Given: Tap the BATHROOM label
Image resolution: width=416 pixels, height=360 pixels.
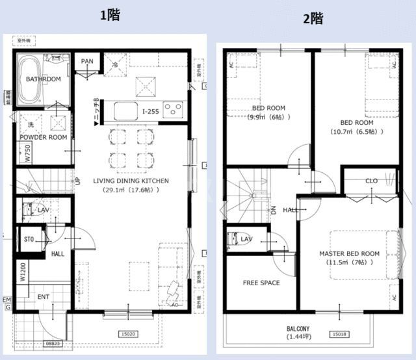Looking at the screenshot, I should click(x=44, y=79).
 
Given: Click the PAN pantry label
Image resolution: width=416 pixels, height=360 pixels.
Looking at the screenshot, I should click(x=87, y=62).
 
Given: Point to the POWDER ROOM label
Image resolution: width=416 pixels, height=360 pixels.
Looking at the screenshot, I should click(x=43, y=138).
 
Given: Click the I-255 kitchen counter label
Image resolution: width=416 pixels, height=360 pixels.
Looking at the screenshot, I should click(x=151, y=111).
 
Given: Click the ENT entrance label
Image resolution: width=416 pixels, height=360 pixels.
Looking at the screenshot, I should click(x=43, y=297).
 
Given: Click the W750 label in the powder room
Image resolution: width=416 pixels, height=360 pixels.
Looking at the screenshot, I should click(x=28, y=153).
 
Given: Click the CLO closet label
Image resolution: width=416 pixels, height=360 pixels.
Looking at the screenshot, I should click(x=371, y=181).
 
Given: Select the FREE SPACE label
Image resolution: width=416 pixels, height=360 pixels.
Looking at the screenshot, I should click(x=261, y=283).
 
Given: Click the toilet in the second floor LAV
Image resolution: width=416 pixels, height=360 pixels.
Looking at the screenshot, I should click(x=233, y=238).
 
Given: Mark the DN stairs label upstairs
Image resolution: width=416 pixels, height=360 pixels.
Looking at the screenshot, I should click(x=274, y=210).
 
